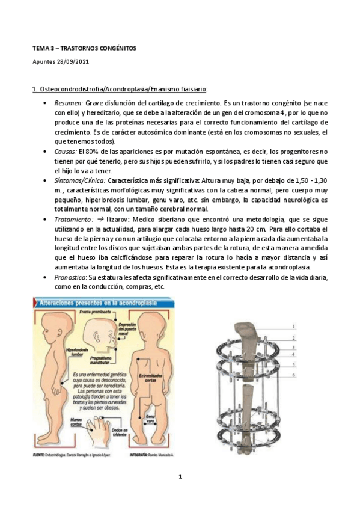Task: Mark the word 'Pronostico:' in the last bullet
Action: [71, 278]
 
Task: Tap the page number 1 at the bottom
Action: [180, 477]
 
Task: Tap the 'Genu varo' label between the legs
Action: [151, 419]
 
